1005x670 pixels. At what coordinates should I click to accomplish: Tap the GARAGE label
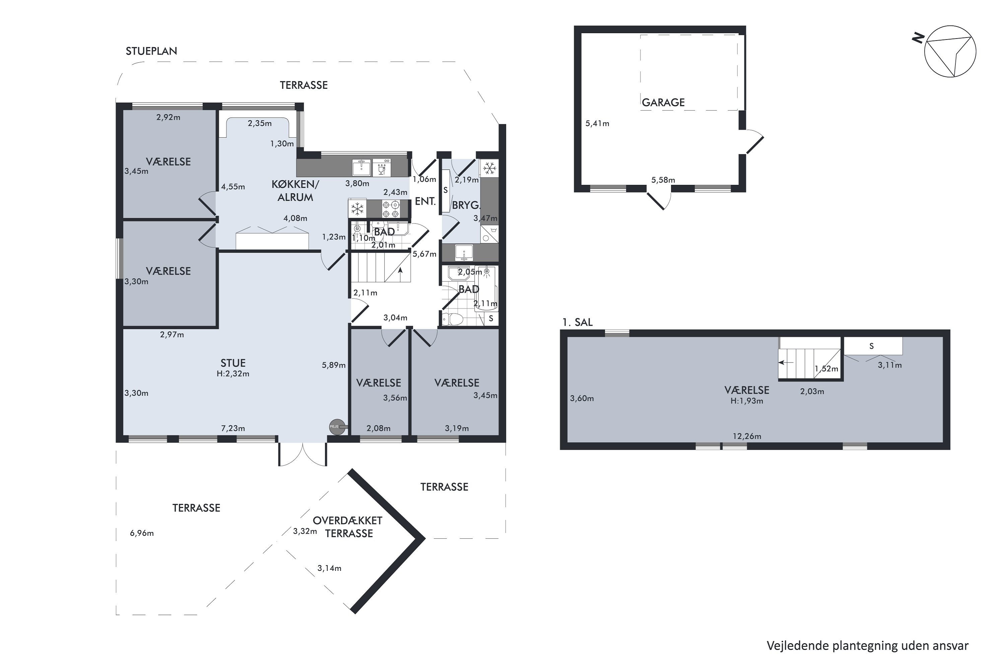coord(663,103)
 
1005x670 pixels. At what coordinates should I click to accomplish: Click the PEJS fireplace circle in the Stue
coord(336,427)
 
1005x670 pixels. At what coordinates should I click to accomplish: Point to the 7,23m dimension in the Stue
coord(233,428)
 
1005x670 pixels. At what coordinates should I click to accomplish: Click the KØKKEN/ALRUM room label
coord(295,191)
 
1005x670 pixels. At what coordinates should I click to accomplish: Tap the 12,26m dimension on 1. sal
coord(747,436)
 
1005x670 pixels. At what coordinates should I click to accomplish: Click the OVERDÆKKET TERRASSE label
coord(348,527)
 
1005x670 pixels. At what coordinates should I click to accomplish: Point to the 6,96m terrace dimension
coord(142,533)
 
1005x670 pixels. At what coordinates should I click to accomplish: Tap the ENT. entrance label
coord(425,201)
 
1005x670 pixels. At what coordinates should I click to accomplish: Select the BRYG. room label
coord(465,205)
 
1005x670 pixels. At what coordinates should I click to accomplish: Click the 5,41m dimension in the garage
coord(597,124)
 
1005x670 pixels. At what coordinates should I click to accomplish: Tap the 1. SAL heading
coord(577,323)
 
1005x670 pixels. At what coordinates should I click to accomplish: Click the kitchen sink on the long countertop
coord(361,167)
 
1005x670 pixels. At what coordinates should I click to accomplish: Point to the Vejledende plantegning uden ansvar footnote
coord(867,646)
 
